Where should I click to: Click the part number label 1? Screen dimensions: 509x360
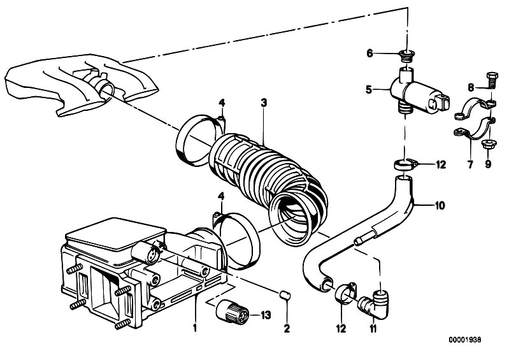[195, 328]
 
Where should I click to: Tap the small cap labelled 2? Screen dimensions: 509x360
[285, 296]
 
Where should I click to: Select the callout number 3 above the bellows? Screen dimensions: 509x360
[264, 103]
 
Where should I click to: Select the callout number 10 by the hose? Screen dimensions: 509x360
[440, 206]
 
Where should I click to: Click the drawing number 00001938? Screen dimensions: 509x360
[465, 340]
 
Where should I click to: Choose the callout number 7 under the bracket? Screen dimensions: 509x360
[470, 164]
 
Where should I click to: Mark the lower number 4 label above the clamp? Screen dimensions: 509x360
[222, 196]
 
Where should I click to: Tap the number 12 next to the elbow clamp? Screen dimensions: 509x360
[341, 329]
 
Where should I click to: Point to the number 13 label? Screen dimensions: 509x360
[266, 315]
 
